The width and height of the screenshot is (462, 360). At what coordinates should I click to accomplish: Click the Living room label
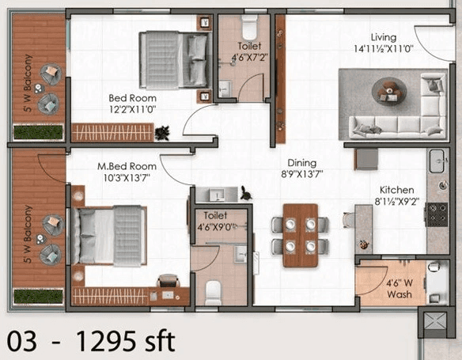pyautogui.click(x=384, y=37)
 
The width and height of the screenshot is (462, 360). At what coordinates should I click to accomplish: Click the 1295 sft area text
pyautogui.click(x=124, y=342)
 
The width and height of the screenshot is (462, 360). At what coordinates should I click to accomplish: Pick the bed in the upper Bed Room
pyautogui.click(x=174, y=59)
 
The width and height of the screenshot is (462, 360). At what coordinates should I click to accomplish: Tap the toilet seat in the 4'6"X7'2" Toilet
pyautogui.click(x=249, y=30)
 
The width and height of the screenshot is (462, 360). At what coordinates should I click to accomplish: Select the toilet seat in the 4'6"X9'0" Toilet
pyautogui.click(x=214, y=293)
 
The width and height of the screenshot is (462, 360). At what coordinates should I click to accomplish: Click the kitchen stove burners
pyautogui.click(x=436, y=214)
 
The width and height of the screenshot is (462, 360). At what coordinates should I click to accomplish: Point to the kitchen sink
pyautogui.click(x=437, y=162)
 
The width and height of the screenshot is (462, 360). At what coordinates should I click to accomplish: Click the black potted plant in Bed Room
pyautogui.click(x=162, y=131)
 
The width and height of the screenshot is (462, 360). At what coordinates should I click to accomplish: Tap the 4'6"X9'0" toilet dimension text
pyautogui.click(x=216, y=225)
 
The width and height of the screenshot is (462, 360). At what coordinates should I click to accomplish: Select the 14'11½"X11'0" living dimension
pyautogui.click(x=383, y=48)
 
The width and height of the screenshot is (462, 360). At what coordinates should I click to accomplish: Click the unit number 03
pyautogui.click(x=23, y=342)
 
